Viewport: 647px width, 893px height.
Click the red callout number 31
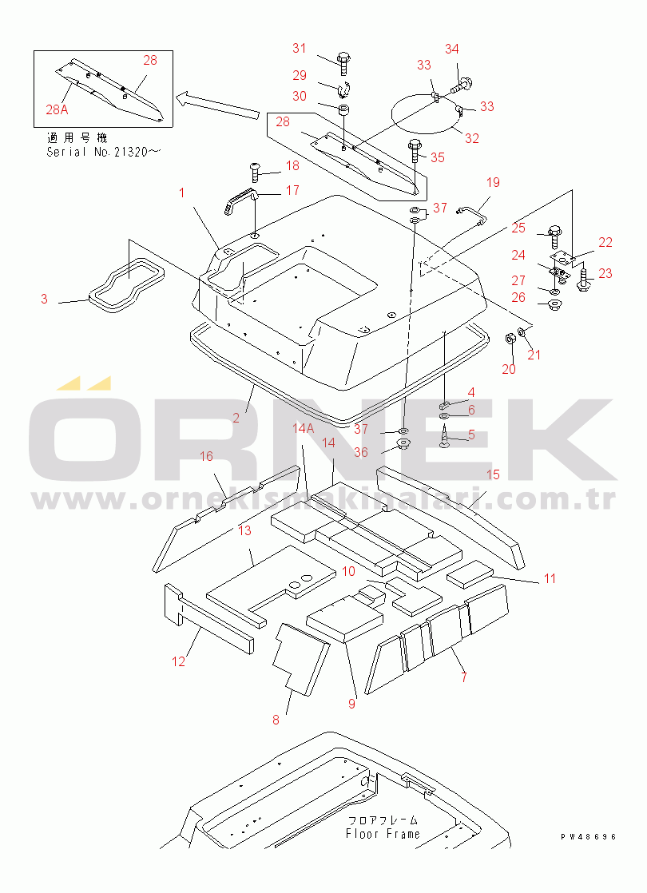click(x=300, y=49)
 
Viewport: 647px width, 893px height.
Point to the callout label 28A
click(x=57, y=109)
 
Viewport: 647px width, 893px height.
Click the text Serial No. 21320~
click(x=104, y=152)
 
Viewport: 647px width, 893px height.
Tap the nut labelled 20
click(x=510, y=339)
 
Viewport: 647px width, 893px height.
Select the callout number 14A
click(x=303, y=427)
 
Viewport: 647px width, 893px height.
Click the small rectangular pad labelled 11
click(x=470, y=574)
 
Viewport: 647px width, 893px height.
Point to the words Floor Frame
click(x=383, y=834)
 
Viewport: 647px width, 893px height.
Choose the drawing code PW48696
click(x=589, y=836)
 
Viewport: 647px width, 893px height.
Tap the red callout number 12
click(x=179, y=661)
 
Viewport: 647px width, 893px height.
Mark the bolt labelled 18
click(x=255, y=172)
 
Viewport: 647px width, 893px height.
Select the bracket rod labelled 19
click(x=473, y=216)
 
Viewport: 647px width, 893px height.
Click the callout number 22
click(x=605, y=242)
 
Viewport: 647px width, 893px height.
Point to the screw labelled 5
click(x=446, y=439)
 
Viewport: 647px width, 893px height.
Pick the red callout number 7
click(x=464, y=677)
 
